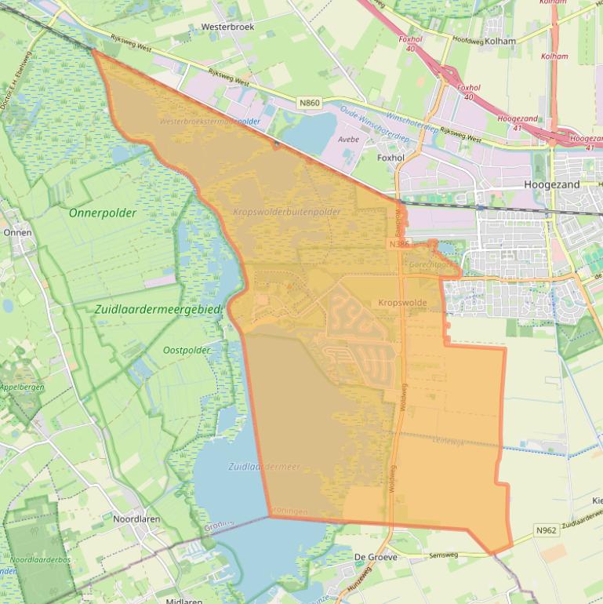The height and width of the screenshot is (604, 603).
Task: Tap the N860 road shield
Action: tap(309, 102)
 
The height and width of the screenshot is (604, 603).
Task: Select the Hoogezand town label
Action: tap(552, 184)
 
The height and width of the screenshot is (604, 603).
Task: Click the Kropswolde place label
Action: tap(402, 302)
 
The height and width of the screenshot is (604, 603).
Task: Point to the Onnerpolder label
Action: tap(103, 213)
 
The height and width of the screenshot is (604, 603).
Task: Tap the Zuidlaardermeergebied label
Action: tap(158, 310)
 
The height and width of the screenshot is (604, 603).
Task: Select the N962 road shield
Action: tap(546, 531)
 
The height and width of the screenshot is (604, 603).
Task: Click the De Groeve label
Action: tap(376, 557)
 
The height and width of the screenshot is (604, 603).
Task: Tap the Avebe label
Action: tap(348, 139)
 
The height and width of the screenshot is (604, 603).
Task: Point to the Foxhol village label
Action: tap(390, 158)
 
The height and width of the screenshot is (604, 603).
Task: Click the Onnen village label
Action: tap(17, 232)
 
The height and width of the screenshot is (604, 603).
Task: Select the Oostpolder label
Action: tap(187, 350)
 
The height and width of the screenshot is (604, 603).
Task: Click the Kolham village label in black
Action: tap(500, 41)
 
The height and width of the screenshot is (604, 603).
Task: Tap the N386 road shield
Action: tap(398, 245)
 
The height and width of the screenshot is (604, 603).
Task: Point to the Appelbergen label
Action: tap(22, 388)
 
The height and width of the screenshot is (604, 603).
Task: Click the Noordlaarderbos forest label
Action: tap(40, 560)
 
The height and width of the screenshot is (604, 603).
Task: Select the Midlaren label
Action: tap(185, 600)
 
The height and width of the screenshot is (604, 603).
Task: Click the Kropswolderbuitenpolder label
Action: tap(287, 213)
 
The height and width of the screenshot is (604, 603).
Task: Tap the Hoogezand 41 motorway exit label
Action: tap(518, 123)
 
